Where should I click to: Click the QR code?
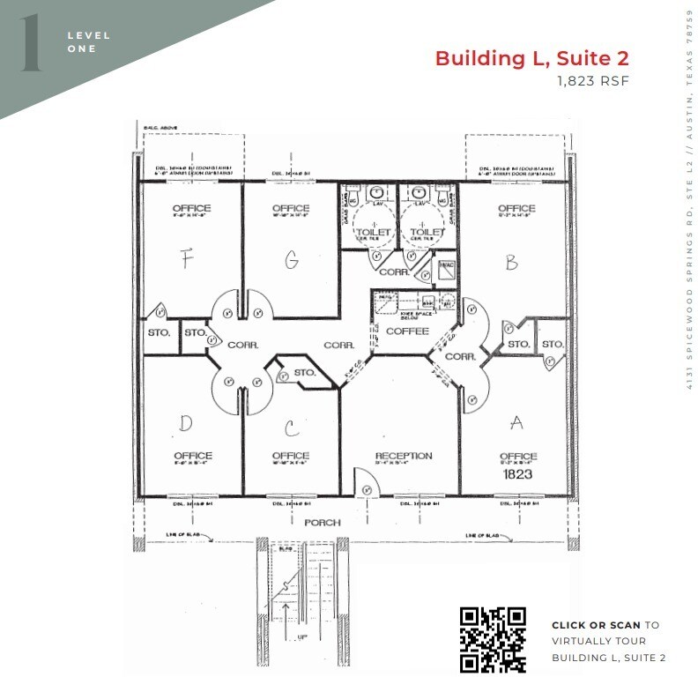pyautogui.click(x=494, y=640)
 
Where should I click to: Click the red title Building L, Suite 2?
pyautogui.click(x=531, y=59)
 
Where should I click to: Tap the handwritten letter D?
pyautogui.click(x=185, y=423)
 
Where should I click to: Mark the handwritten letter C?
pyautogui.click(x=289, y=428)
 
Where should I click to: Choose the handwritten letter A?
pyautogui.click(x=517, y=423)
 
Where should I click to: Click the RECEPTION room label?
pyautogui.click(x=403, y=456)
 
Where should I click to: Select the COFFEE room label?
pyautogui.click(x=407, y=331)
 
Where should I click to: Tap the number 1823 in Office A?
pyautogui.click(x=517, y=473)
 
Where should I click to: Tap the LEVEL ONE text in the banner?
pyautogui.click(x=88, y=41)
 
